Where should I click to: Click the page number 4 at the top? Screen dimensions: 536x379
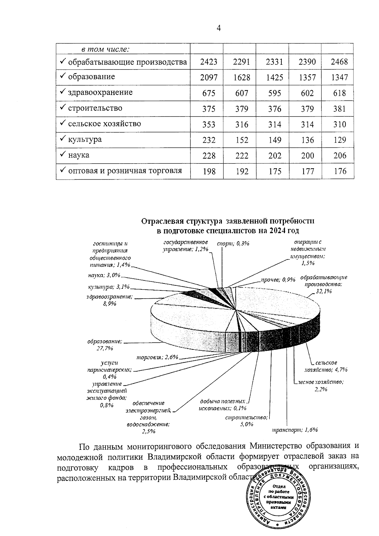(219, 28)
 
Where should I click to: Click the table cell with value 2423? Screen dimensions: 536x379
(208, 62)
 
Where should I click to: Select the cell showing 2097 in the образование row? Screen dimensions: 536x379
(208, 77)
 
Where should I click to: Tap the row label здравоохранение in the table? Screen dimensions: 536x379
(100, 92)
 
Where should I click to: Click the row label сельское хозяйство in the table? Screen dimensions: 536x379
(104, 124)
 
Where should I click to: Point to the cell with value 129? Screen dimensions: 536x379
(339, 140)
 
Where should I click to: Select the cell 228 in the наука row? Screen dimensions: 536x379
(208, 156)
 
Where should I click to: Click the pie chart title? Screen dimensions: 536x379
(227, 226)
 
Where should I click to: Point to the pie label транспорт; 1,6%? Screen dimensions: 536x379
(295, 430)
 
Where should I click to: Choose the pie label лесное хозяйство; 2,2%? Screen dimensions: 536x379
(321, 385)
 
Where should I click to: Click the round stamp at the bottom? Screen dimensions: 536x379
(279, 501)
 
